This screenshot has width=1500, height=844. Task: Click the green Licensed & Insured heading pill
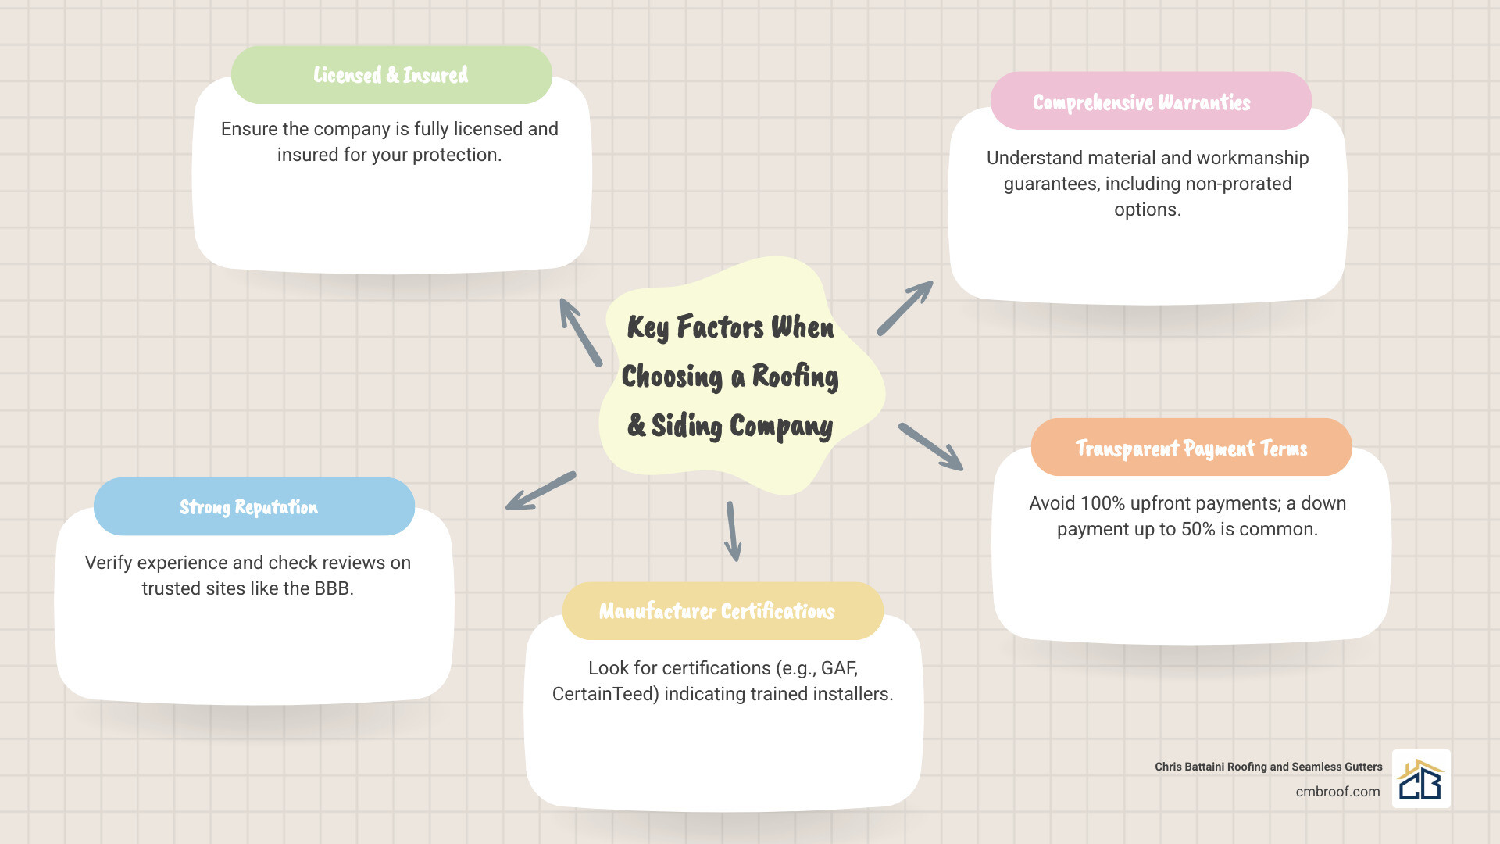point(391,75)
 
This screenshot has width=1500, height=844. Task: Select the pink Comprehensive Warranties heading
point(1150,102)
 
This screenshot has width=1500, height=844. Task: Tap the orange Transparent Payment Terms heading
point(1191,448)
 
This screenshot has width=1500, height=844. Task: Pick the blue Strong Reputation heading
point(254,507)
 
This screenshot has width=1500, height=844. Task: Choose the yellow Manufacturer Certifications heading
point(722,611)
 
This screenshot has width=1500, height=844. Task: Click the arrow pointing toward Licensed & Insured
point(580,331)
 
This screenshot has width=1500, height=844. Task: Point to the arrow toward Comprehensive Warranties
point(905,308)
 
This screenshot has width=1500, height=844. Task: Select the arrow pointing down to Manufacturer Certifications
point(733,531)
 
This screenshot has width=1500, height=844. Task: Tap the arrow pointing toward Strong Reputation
point(541,491)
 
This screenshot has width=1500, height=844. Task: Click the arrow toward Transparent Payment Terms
point(930,447)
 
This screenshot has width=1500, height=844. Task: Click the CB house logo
point(1420,779)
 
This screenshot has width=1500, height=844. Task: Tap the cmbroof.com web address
point(1337,792)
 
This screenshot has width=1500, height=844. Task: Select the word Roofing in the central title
point(795,377)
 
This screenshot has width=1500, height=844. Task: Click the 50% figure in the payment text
point(1198,529)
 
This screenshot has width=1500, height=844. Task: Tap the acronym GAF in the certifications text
point(839,668)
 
